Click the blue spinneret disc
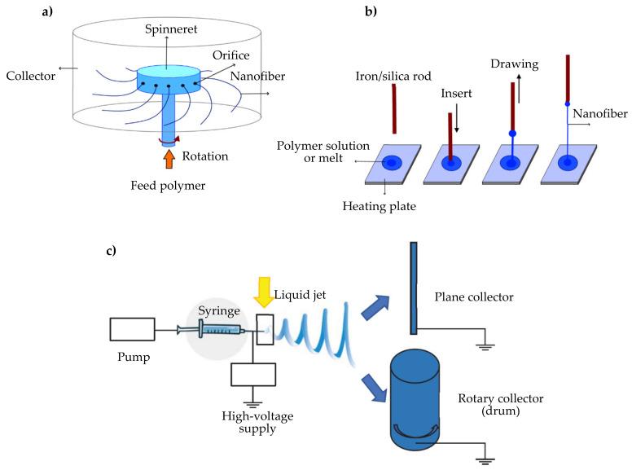(168, 80)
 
